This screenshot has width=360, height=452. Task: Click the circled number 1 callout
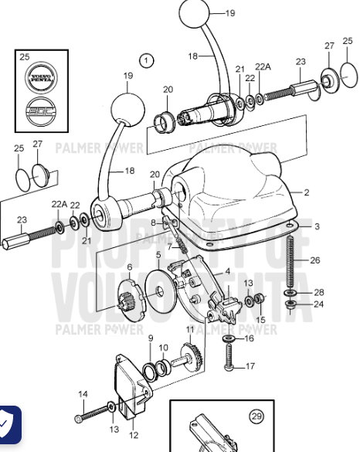[147, 59]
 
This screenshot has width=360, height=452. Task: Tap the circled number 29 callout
[256, 416]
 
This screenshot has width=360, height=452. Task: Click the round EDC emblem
[41, 109]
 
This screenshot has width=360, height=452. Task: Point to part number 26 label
[315, 260]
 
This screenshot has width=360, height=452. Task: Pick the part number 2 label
[306, 192]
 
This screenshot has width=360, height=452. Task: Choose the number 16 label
[249, 338]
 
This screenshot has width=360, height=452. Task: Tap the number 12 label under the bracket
[132, 445]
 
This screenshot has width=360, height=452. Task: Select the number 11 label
[189, 328]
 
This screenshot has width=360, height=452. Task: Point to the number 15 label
[260, 320]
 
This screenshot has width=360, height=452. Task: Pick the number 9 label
[150, 338]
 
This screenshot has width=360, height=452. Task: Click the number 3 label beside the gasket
[317, 226]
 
